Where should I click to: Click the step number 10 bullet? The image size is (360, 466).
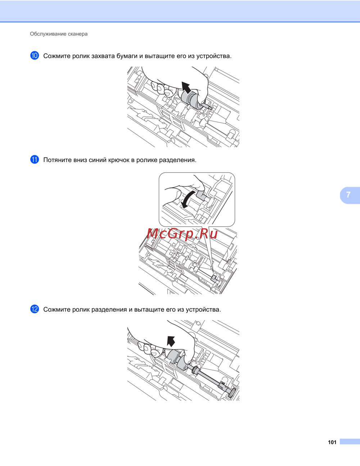(x=35, y=55)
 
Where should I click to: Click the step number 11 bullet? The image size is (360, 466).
(x=35, y=160)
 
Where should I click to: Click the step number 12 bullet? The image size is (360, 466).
(x=35, y=309)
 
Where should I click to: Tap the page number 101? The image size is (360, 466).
(x=332, y=442)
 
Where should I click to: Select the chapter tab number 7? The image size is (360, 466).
(x=348, y=195)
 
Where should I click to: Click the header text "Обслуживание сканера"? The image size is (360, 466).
(x=59, y=34)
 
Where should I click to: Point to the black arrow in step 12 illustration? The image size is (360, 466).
(x=171, y=342)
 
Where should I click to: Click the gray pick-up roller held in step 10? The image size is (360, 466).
(x=190, y=99)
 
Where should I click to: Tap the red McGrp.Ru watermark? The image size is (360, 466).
(x=182, y=234)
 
